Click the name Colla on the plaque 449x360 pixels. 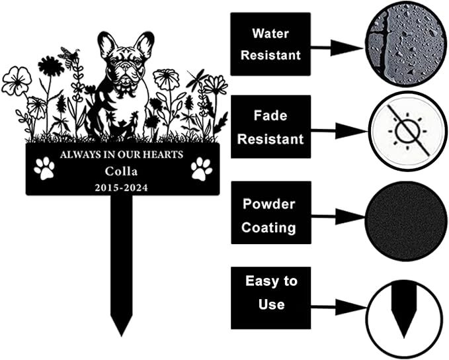pyautogui.click(x=121, y=171)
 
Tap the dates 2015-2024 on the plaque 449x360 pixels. pyautogui.click(x=122, y=188)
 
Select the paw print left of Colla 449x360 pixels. pyautogui.click(x=44, y=169)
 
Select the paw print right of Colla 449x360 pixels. pyautogui.click(x=202, y=169)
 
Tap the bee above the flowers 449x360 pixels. pyautogui.click(x=69, y=57)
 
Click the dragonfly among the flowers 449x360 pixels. pyautogui.click(x=198, y=78)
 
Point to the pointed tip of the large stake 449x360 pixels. pyautogui.click(x=122, y=336)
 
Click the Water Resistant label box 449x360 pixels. pyautogui.click(x=270, y=44)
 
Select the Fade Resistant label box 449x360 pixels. pyautogui.click(x=271, y=127)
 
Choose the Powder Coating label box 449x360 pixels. pyautogui.click(x=271, y=212)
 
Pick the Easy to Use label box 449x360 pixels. pyautogui.click(x=271, y=298)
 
